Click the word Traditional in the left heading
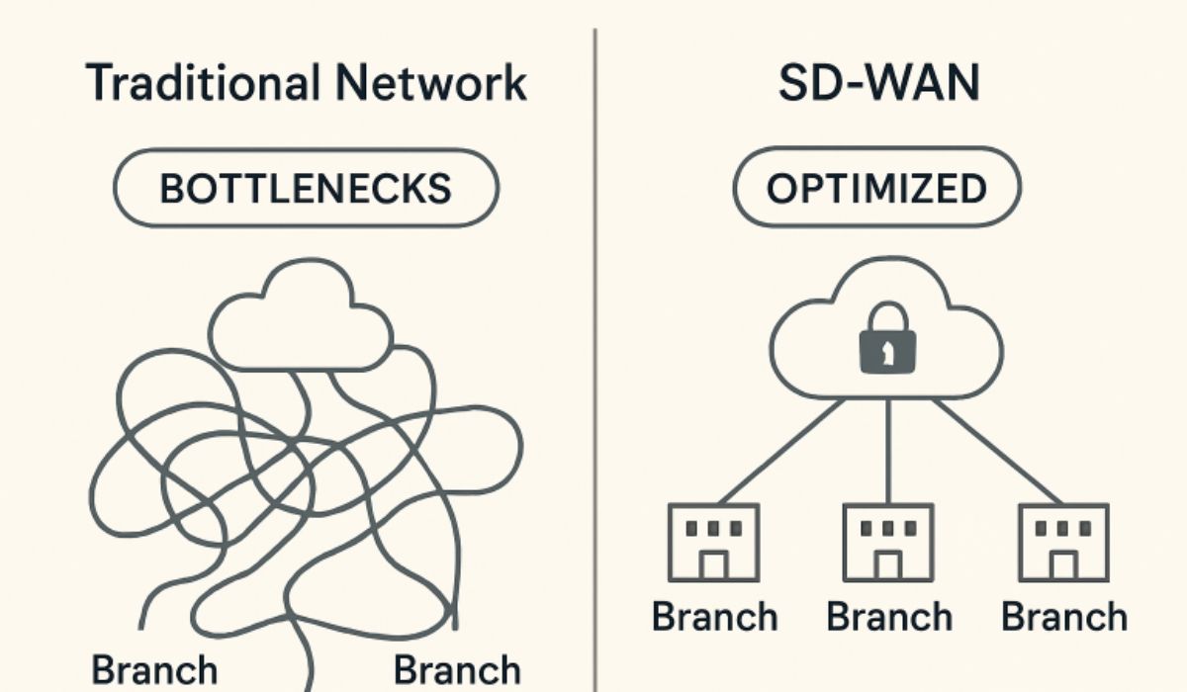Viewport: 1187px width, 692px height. point(198,83)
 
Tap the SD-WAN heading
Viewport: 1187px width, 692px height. point(878,83)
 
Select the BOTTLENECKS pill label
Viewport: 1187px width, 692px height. point(306,188)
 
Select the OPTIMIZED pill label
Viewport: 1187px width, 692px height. point(876,188)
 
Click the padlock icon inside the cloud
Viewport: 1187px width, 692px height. point(887,342)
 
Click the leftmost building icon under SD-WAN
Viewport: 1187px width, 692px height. point(713,542)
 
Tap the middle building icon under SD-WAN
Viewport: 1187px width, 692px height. point(887,542)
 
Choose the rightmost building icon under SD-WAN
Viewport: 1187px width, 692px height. point(1063,542)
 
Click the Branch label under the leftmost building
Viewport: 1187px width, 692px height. point(714,617)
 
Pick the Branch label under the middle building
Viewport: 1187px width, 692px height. point(888,617)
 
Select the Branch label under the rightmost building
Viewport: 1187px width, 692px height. point(1063,617)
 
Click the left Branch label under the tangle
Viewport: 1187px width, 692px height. point(154,669)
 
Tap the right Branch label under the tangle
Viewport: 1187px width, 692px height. point(457,669)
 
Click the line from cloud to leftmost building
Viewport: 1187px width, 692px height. point(781,450)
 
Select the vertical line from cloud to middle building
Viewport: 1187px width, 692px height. point(887,450)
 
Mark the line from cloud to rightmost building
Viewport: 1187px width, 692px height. point(994,450)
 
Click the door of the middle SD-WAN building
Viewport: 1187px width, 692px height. point(887,565)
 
